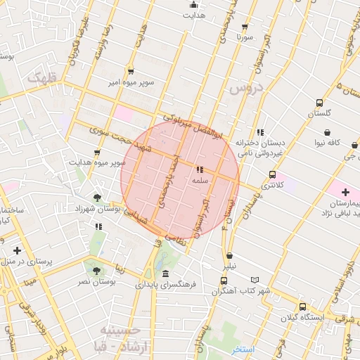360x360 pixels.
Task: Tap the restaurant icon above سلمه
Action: point(200,169)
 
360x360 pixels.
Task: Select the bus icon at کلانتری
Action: point(272,175)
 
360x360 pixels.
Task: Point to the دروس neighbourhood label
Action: point(245,89)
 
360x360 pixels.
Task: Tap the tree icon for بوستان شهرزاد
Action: point(97,198)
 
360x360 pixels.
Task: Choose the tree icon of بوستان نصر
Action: point(96,270)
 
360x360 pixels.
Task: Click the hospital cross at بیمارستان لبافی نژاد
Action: point(345,192)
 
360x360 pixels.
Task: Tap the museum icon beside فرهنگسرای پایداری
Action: point(165,274)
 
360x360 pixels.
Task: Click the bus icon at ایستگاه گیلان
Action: point(302,307)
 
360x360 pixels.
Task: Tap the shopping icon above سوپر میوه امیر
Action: point(131,71)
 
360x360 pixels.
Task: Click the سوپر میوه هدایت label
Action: point(97,162)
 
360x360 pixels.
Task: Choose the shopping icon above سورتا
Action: point(245,24)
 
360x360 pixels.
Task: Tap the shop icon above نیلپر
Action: point(230,256)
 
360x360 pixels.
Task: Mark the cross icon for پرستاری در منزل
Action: point(17,250)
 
